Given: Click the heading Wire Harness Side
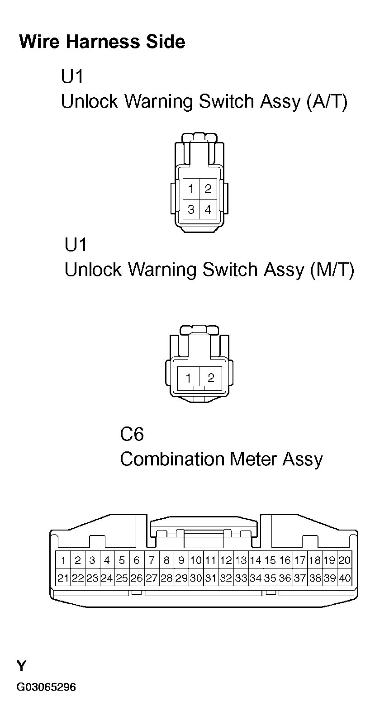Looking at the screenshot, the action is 102,42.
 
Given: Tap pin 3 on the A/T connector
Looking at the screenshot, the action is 191,209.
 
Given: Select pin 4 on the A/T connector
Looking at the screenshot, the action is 208,209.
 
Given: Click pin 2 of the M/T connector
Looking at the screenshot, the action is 211,378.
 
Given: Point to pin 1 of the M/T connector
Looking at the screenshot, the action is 188,378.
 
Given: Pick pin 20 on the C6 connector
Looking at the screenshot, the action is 345,560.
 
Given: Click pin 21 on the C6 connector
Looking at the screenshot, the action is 63,578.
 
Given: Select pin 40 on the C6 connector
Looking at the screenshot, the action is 345,578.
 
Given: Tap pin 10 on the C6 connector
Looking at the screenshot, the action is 196,560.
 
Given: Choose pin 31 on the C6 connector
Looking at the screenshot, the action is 211,578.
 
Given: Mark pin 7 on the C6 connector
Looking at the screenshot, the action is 152,560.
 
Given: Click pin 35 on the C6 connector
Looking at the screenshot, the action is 270,578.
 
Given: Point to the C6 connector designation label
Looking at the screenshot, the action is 132,434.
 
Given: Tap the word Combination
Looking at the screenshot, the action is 172,459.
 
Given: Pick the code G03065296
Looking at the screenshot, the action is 46,687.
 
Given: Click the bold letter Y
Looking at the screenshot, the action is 21,666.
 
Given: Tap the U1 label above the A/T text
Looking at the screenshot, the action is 72,76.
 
